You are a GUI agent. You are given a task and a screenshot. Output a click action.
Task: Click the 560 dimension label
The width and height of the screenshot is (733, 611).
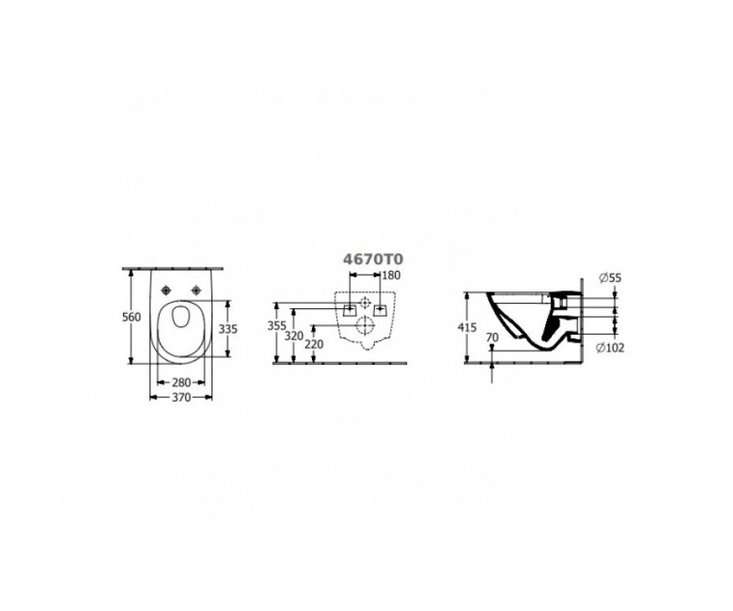tap(132, 317)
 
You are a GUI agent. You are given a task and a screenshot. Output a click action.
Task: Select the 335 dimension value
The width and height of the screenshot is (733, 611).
tap(228, 329)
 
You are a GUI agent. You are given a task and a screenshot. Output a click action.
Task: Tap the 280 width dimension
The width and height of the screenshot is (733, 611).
tap(181, 383)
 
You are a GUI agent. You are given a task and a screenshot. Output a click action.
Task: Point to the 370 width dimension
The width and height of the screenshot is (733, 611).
tap(181, 398)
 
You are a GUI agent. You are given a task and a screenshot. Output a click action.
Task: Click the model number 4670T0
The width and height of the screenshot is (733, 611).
tap(373, 259)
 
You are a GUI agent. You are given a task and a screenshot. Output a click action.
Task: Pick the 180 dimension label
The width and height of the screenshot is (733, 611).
tap(391, 275)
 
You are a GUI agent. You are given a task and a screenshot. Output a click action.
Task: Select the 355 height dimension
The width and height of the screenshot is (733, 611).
tap(276, 326)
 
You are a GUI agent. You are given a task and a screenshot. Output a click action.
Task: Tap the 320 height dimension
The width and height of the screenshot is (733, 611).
tap(294, 336)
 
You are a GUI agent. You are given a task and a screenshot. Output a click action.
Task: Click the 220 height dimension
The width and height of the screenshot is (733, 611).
tap(314, 345)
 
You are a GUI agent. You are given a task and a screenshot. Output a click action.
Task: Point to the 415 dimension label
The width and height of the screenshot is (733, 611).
tap(467, 327)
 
